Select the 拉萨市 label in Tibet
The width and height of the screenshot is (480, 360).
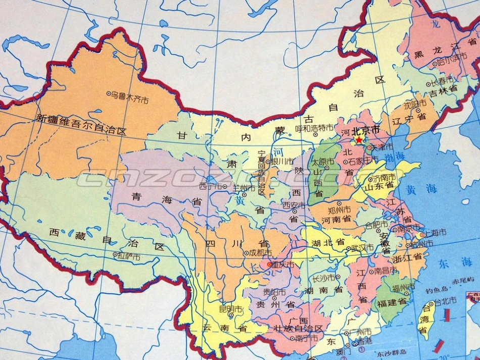coord(129,257)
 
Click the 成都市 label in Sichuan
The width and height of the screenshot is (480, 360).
coord(260,252)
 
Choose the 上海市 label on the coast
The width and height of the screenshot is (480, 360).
coord(436,233)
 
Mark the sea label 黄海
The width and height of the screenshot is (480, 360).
coord(421,189)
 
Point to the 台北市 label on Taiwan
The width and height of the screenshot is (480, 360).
coord(446,300)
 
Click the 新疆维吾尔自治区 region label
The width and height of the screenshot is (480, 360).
coord(81,123)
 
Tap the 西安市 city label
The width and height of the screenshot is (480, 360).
coord(294,205)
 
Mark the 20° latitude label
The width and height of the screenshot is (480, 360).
coord(443,352)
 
